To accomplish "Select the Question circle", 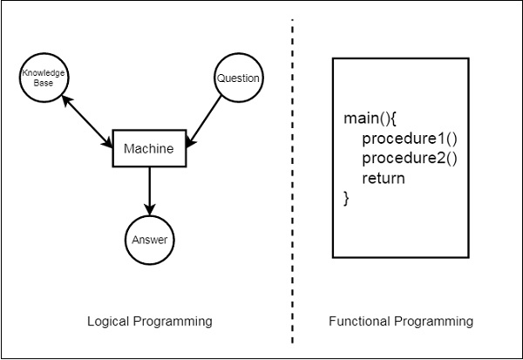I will [238, 78].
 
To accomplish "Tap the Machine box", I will [149, 148].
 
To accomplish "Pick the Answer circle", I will [149, 240].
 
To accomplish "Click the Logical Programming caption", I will [149, 322].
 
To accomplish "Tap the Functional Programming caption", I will [400, 322].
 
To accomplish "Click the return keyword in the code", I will [384, 179].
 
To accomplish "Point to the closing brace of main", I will [346, 198].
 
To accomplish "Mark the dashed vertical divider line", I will [291, 174].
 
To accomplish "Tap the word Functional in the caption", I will [357, 322].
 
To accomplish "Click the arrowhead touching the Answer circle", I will [149, 210].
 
